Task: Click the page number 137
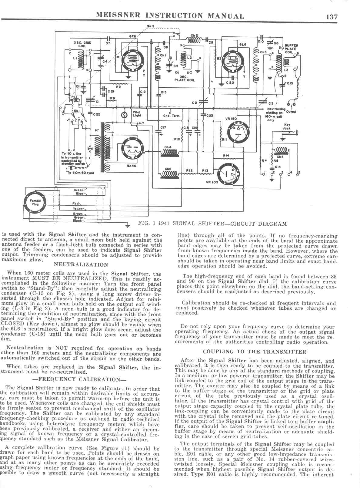click(x=332, y=16)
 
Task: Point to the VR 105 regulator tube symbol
click(x=230, y=174)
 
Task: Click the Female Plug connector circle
click(x=35, y=202)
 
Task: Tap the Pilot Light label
click(x=136, y=114)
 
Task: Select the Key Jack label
click(x=287, y=126)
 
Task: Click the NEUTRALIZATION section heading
click(x=81, y=264)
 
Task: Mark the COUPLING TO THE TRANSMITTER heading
click(x=254, y=352)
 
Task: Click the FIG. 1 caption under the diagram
click(x=212, y=224)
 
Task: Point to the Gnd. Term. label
click(x=172, y=116)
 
